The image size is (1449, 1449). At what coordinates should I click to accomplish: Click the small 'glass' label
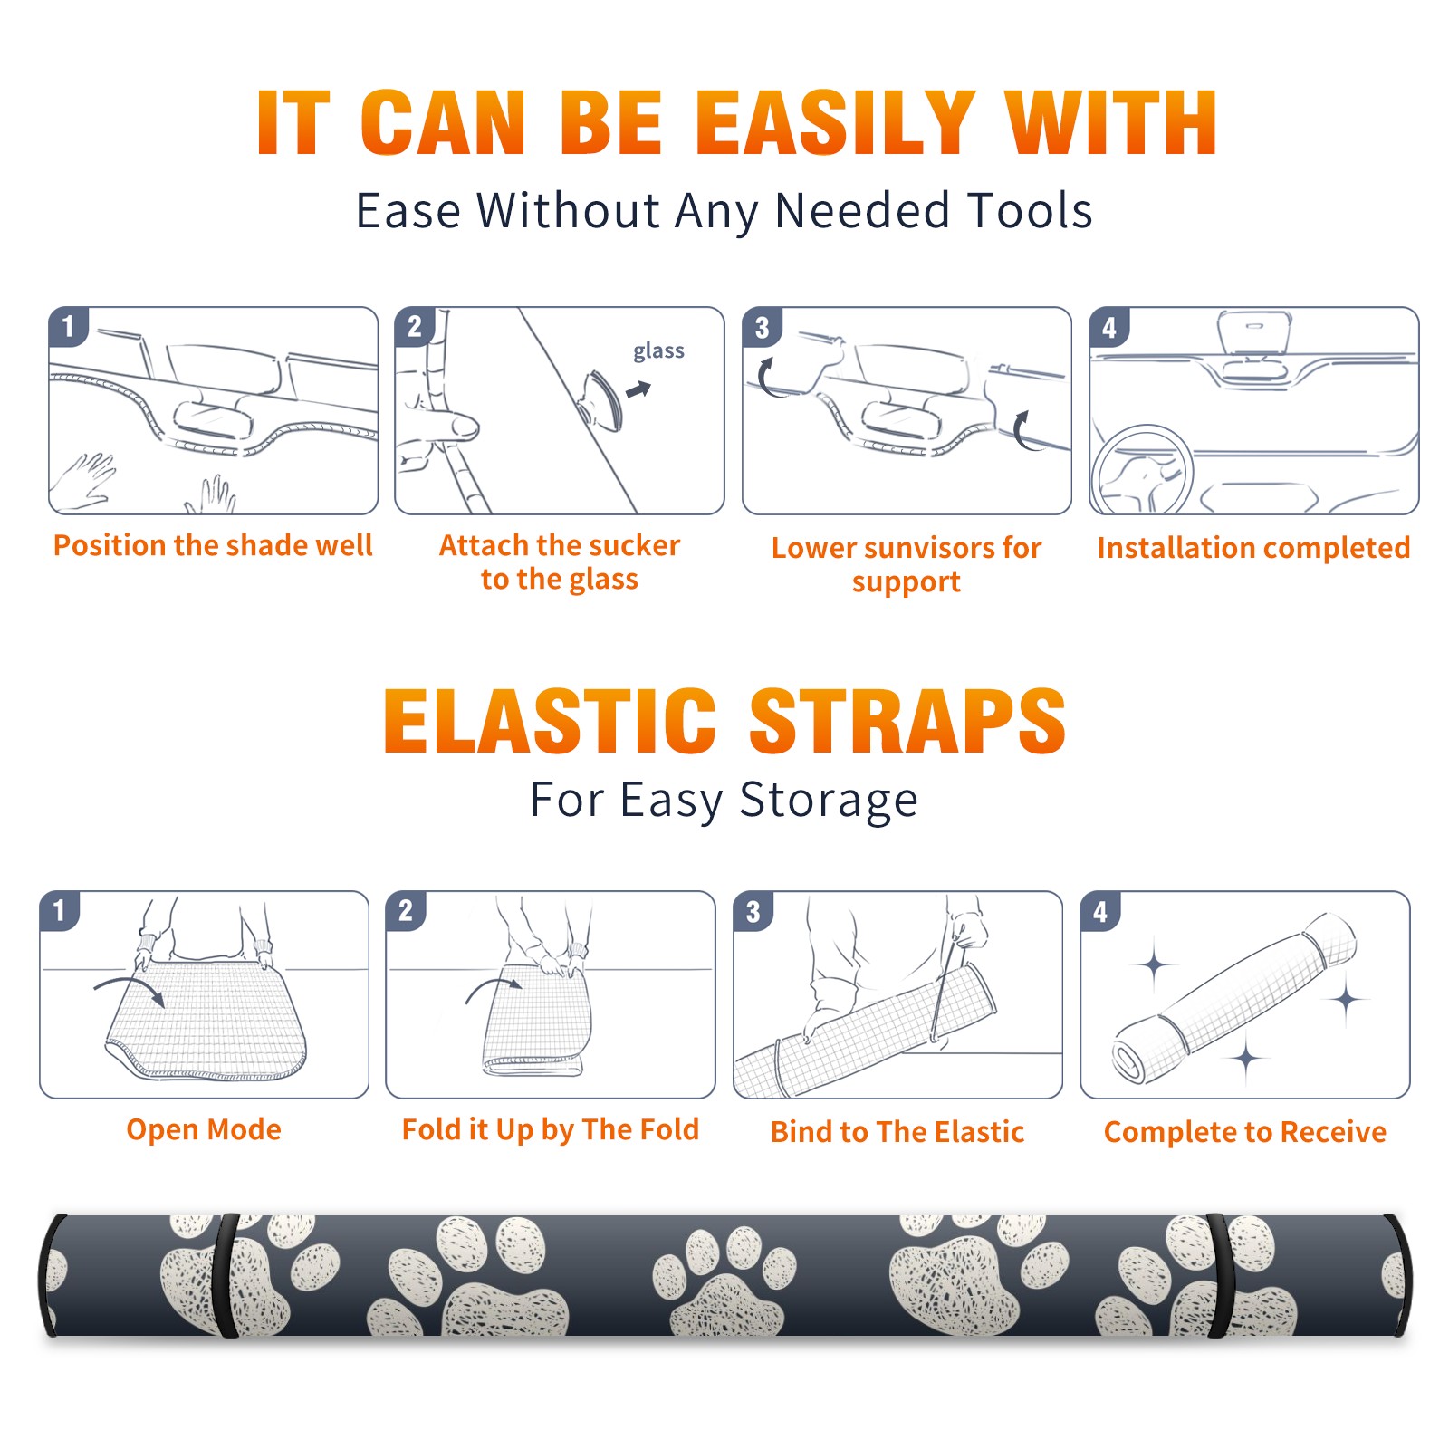(x=658, y=350)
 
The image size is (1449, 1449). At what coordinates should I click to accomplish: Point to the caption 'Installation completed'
(x=1253, y=547)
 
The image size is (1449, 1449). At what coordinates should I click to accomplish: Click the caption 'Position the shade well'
(x=213, y=545)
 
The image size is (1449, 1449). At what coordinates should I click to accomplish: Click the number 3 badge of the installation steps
(x=762, y=327)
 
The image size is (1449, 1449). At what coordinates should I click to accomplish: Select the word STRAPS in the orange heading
(x=907, y=721)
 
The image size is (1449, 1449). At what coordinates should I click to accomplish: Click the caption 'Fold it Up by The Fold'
(x=551, y=1129)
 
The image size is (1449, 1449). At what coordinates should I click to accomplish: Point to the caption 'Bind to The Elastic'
(x=897, y=1131)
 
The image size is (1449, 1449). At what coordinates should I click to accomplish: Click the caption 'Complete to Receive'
(x=1245, y=1131)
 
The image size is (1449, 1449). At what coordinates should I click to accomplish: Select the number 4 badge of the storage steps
(x=1100, y=911)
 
